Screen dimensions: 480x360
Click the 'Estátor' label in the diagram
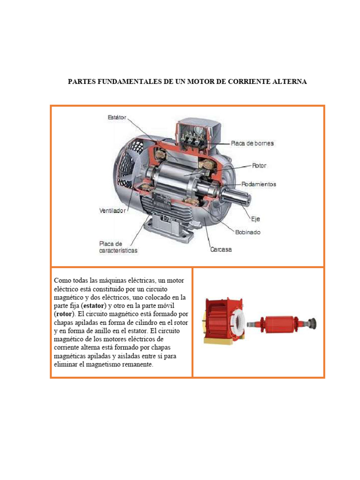click(117, 118)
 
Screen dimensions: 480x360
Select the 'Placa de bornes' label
click(252, 143)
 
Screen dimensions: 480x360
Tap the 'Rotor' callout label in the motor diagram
click(259, 165)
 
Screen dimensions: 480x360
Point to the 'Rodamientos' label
click(259, 184)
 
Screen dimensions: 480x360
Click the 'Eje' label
click(255, 218)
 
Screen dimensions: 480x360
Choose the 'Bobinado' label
click(247, 232)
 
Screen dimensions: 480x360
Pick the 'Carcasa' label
click(220, 250)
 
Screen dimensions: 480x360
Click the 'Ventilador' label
click(112, 211)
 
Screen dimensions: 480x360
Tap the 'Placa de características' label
click(118, 247)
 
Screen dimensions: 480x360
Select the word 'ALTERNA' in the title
click(288, 82)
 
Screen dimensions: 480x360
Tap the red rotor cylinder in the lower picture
click(278, 323)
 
